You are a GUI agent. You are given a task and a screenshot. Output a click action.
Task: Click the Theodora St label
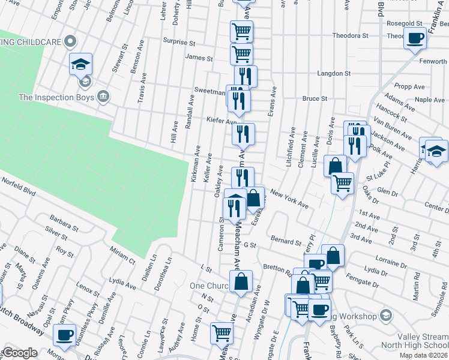click(x=351, y=35)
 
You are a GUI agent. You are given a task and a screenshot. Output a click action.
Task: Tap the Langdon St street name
click(x=334, y=73)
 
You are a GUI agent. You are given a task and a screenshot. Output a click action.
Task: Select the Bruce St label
click(x=315, y=98)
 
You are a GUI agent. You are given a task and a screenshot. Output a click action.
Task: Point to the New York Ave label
click(x=289, y=199)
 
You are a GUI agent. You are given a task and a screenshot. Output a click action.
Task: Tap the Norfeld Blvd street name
click(x=18, y=186)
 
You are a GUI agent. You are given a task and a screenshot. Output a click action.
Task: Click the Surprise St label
click(x=179, y=43)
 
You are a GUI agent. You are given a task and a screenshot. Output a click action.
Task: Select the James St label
click(x=199, y=58)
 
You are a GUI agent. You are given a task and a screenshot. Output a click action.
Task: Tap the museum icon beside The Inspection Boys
click(x=104, y=97)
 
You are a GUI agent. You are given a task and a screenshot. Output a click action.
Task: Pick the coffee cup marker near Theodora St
click(x=415, y=39)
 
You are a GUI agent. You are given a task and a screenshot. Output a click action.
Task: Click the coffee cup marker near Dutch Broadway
click(x=65, y=335)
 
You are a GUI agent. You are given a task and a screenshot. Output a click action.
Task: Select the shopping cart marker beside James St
click(x=241, y=53)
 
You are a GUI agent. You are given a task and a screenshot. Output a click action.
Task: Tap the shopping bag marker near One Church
click(x=241, y=281)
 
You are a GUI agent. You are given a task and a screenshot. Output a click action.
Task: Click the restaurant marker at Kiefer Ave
click(x=243, y=134)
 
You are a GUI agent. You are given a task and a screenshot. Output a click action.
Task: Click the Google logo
click(x=20, y=353)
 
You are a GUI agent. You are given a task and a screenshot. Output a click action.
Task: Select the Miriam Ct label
click(x=123, y=253)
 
